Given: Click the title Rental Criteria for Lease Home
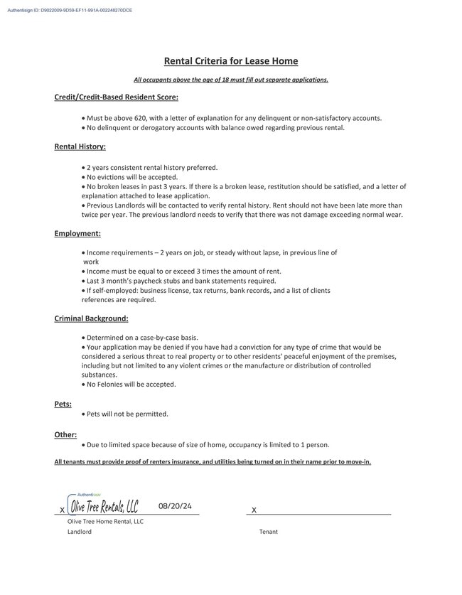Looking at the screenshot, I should click(x=231, y=61).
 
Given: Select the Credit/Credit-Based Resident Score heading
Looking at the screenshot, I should click(x=116, y=97).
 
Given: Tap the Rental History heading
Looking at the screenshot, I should click(x=80, y=146).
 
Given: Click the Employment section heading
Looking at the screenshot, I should click(x=77, y=233).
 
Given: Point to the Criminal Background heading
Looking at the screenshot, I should click(x=91, y=318).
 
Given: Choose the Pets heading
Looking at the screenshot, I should click(x=63, y=404).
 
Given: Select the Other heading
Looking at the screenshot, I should click(x=65, y=434).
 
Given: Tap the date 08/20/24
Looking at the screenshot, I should click(x=175, y=506).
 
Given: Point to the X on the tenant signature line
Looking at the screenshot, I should click(x=254, y=510).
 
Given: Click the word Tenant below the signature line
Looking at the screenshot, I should click(x=269, y=532).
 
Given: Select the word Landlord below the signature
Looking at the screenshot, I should click(x=80, y=532).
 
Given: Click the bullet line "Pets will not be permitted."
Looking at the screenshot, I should click(x=127, y=414).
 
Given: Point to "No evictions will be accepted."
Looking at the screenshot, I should click(x=131, y=177).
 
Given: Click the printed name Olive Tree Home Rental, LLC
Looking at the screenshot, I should click(x=105, y=521).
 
